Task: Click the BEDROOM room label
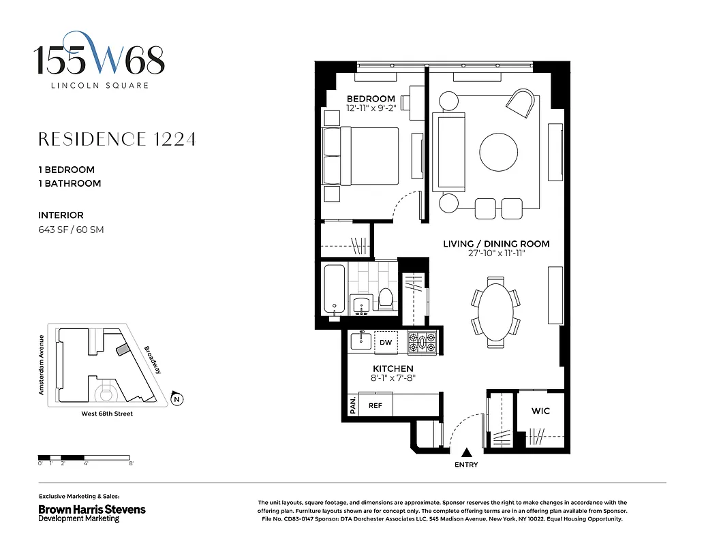click(371, 99)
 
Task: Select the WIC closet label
click(540, 411)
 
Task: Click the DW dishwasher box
click(386, 343)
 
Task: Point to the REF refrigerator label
click(375, 405)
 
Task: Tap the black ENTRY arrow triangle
click(467, 452)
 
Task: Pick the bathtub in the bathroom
click(332, 289)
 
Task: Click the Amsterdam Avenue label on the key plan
click(42, 365)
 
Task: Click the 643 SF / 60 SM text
click(71, 230)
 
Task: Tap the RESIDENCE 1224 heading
click(117, 140)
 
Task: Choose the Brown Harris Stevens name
click(91, 509)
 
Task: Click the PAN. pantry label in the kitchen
click(352, 406)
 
